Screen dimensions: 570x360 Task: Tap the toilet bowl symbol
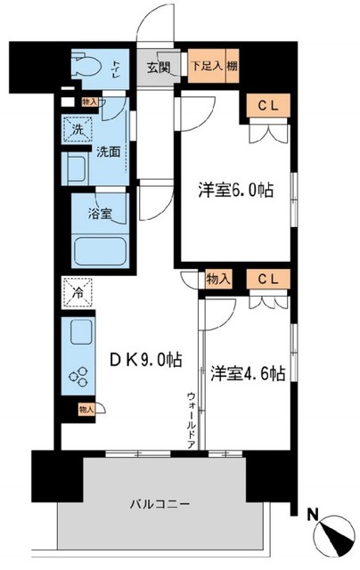click(86, 65)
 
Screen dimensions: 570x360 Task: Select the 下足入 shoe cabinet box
click(203, 66)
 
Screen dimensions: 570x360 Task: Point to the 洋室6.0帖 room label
click(236, 190)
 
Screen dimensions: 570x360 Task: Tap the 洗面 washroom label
click(109, 151)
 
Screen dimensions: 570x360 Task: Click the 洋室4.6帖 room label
click(248, 373)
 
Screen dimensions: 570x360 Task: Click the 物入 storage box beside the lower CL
click(219, 279)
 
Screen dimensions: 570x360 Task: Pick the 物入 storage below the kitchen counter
click(85, 409)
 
